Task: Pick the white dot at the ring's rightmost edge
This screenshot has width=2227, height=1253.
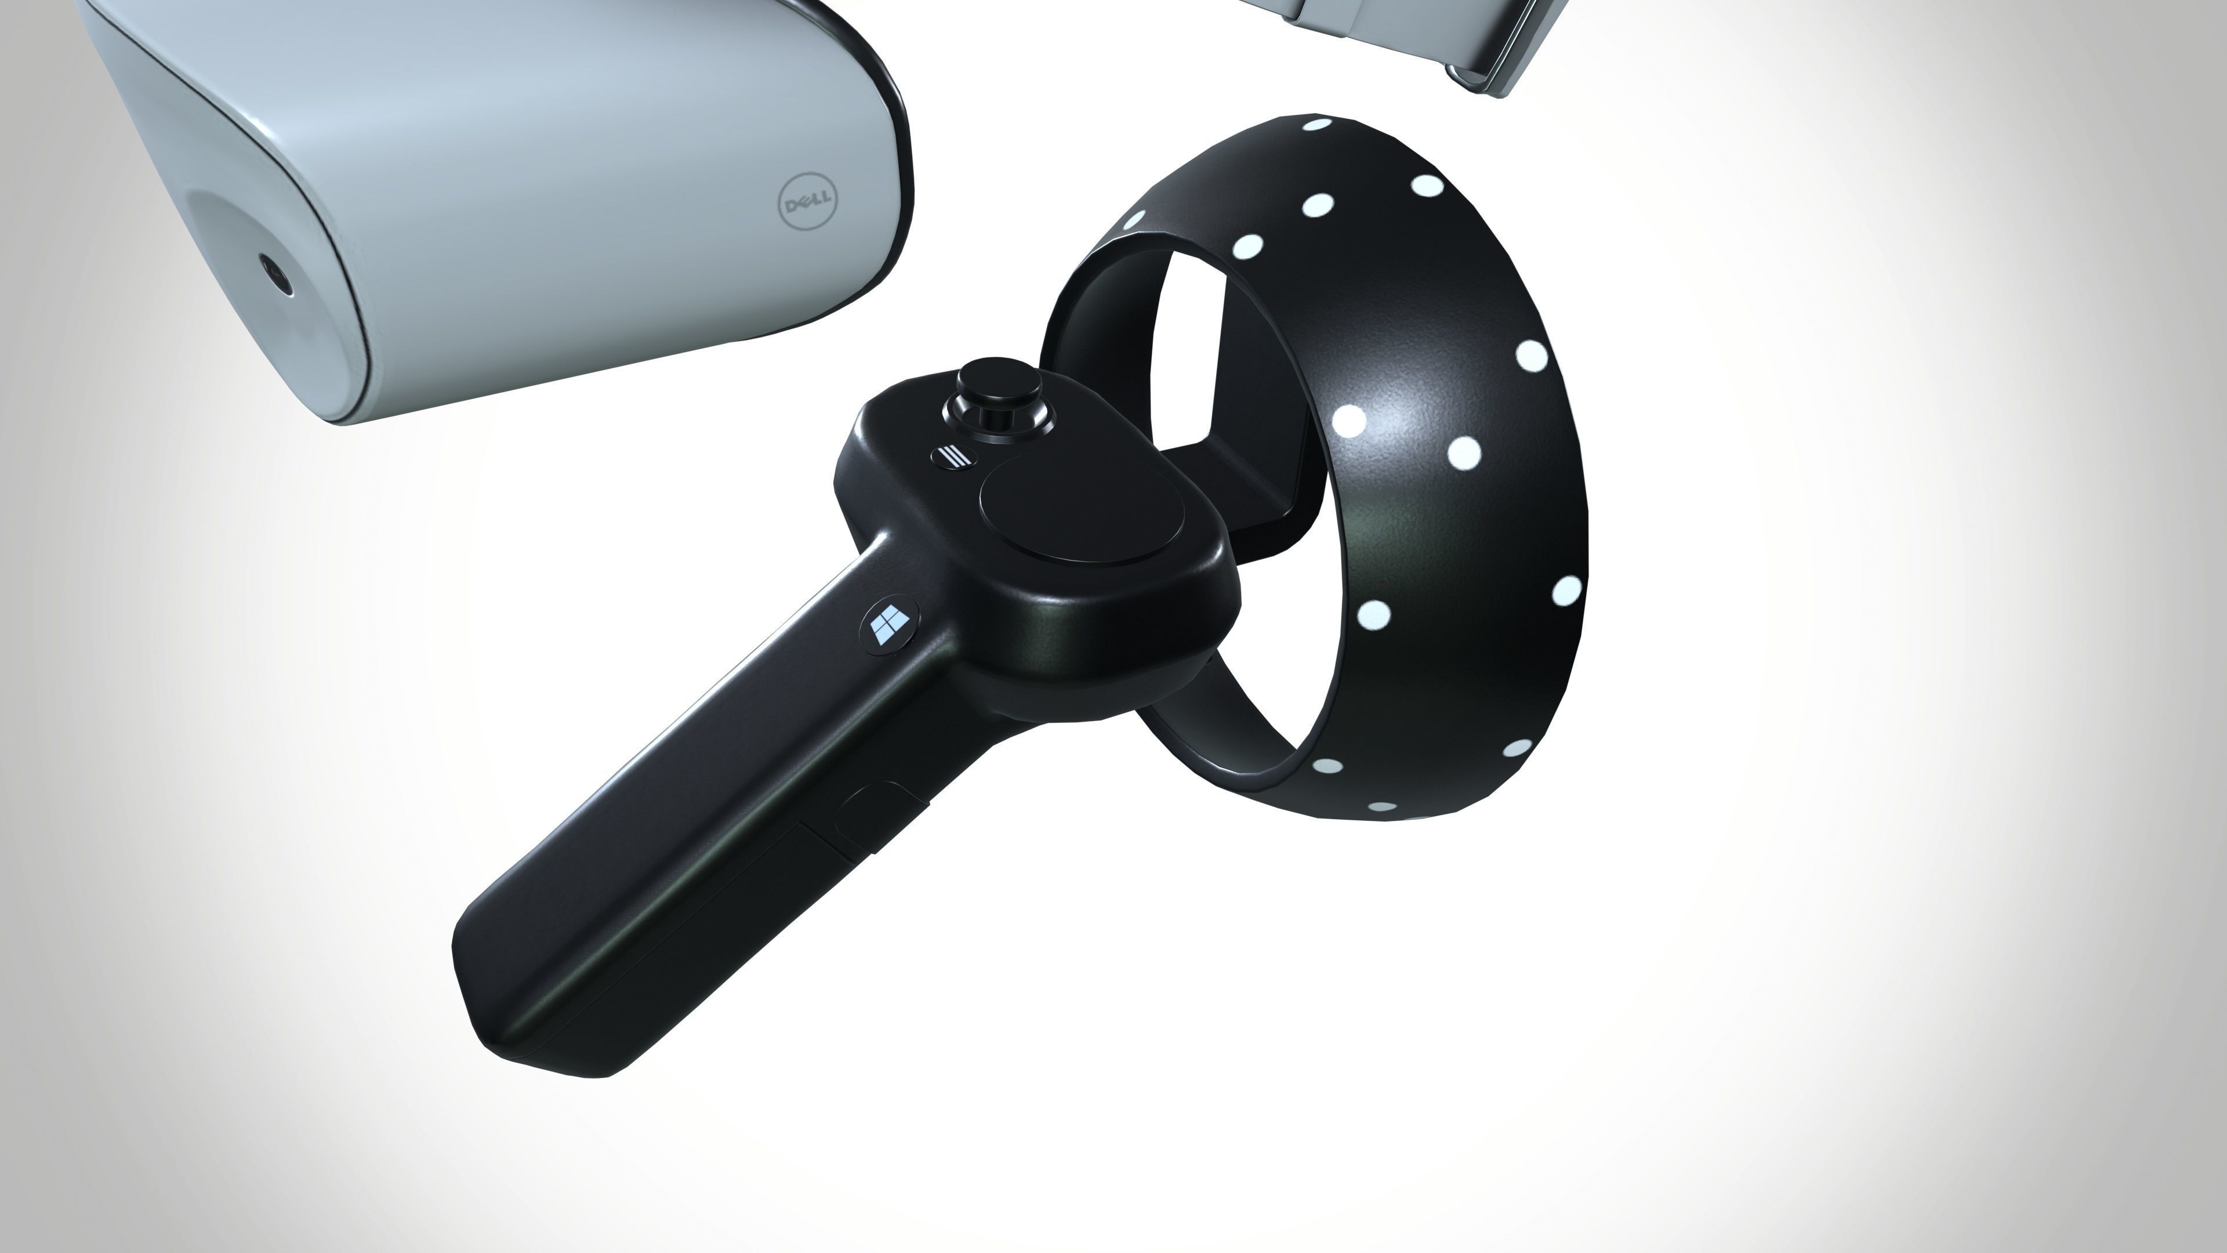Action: (1566, 591)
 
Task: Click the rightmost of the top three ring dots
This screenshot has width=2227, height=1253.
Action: (1427, 185)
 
